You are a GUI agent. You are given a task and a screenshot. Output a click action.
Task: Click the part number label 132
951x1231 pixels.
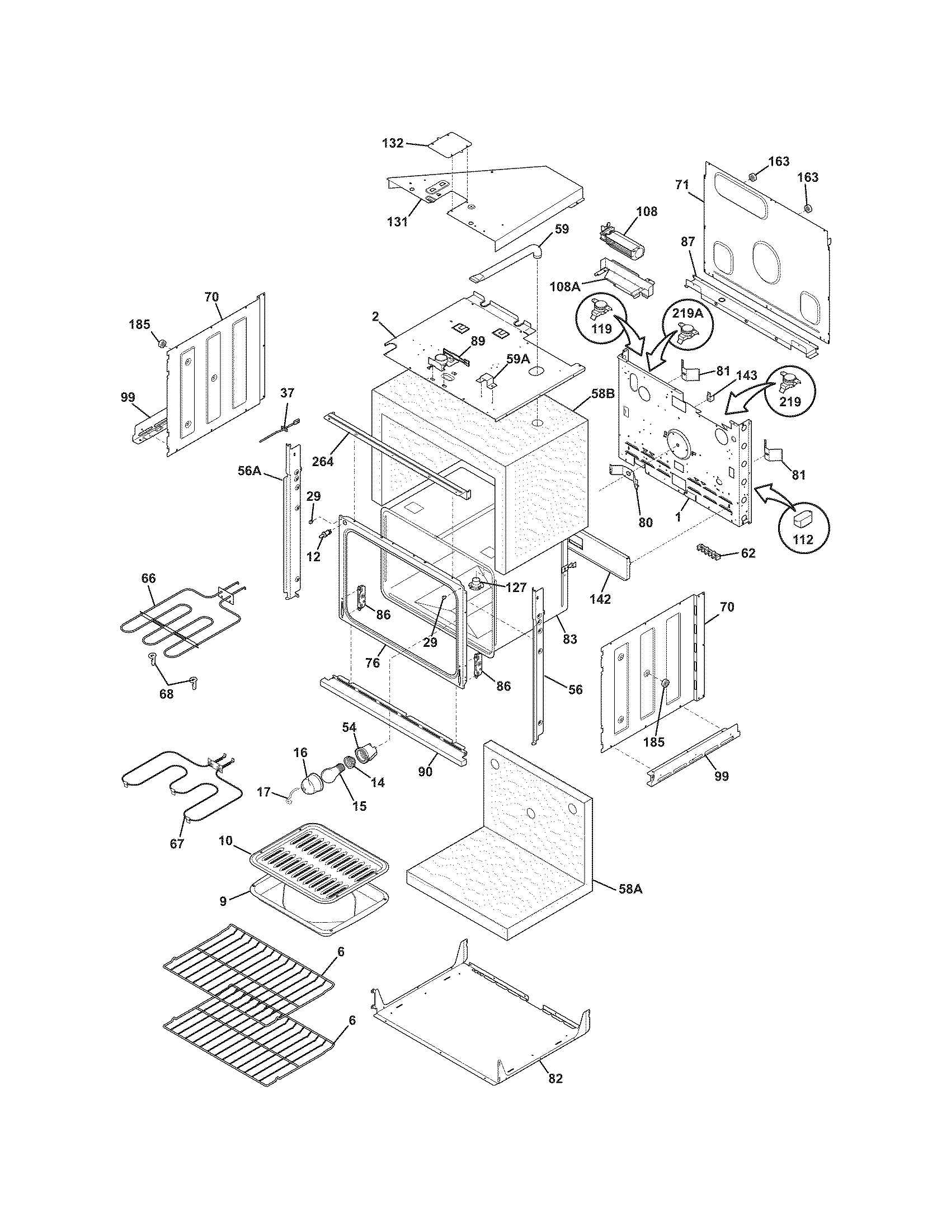click(393, 143)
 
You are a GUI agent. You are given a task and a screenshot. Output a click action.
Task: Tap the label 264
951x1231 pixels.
click(323, 462)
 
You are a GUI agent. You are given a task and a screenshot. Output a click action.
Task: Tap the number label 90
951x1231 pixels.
click(425, 771)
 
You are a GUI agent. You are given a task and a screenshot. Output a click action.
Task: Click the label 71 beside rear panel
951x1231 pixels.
click(682, 184)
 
